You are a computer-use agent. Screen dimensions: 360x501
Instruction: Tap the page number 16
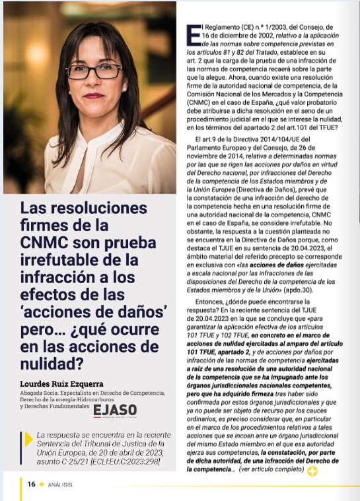tap(31, 484)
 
